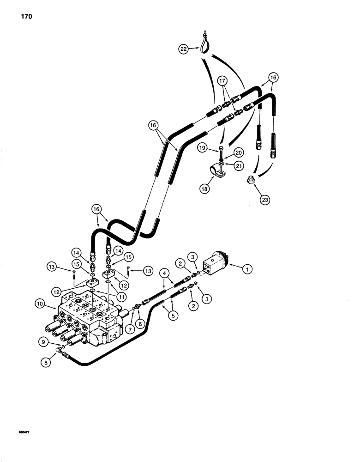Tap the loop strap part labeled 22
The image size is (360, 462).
click(204, 39)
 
